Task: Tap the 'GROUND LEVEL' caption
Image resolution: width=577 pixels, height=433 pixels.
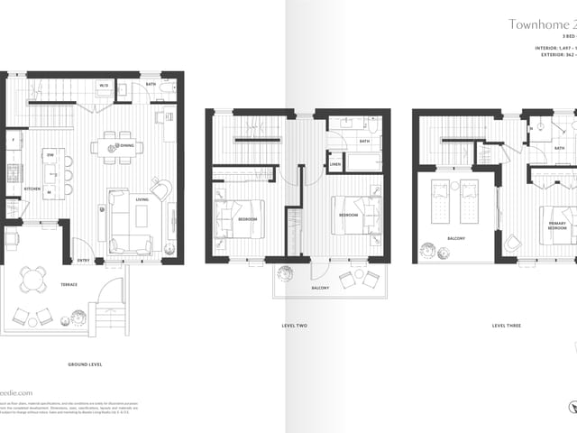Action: pos(85,364)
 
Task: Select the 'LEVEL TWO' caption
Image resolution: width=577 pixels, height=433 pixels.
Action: pos(295,325)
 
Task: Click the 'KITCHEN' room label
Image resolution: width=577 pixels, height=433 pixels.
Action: pos(32,189)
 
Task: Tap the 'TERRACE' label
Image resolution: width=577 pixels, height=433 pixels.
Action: pos(69,284)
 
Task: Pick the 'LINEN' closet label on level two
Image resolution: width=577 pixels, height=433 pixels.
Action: pos(335,164)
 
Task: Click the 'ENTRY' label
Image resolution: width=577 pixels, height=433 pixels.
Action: pos(83,261)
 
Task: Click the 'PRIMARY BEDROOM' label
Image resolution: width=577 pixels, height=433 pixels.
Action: pos(558,226)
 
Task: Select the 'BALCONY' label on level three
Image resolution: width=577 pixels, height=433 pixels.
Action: pos(455,238)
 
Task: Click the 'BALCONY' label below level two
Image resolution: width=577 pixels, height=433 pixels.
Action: pos(320,288)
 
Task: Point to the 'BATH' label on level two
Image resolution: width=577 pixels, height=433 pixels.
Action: pos(364,141)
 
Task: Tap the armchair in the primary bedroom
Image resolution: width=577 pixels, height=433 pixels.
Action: pos(511,244)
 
